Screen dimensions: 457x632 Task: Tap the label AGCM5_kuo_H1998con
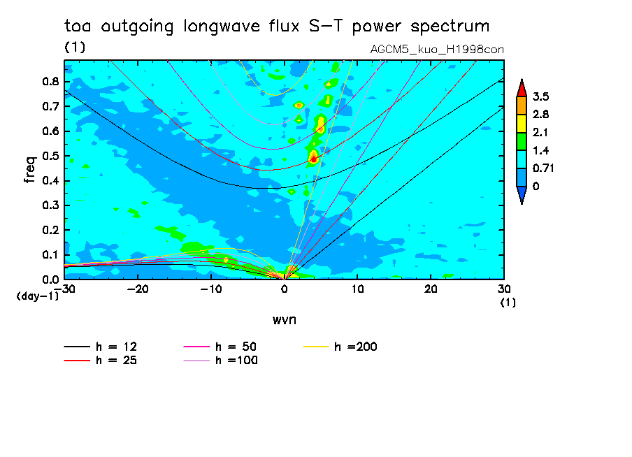click(437, 50)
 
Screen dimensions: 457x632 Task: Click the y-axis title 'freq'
click(29, 169)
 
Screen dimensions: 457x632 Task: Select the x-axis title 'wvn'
click(284, 319)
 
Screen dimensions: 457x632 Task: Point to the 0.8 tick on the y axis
click(49, 82)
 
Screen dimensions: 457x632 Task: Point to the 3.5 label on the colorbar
click(540, 96)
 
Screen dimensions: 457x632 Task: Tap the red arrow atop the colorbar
click(522, 87)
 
